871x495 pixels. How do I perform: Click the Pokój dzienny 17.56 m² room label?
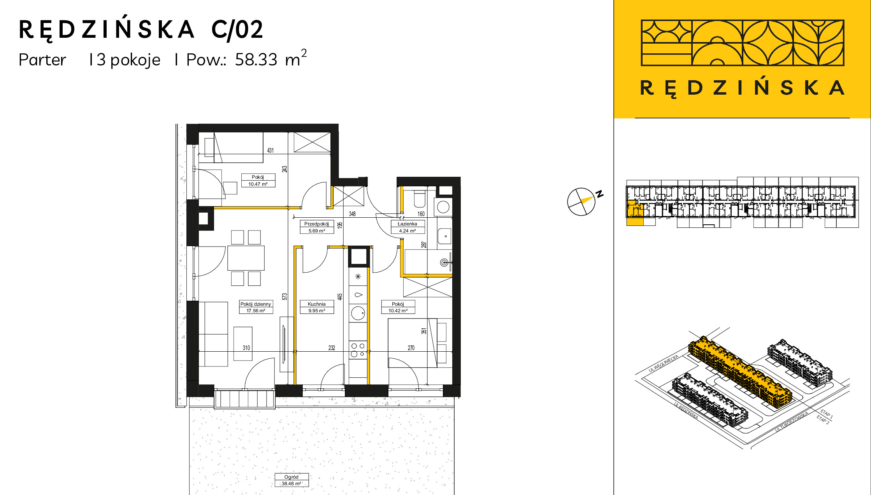point(256,307)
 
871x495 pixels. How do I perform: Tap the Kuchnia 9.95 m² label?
point(317,307)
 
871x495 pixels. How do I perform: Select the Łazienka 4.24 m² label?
point(407,227)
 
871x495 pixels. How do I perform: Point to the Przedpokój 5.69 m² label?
point(317,227)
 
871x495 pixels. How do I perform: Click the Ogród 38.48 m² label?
point(292,480)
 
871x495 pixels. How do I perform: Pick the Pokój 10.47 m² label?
point(258,180)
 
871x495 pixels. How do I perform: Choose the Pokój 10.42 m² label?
point(398,307)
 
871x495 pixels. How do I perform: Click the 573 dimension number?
point(285,296)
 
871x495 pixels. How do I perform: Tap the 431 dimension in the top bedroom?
point(270,150)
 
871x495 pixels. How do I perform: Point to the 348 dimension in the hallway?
point(352,214)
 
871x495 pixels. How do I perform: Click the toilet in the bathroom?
point(420,199)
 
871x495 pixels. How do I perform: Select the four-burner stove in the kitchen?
point(358,350)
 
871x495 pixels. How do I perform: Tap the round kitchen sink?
point(358,313)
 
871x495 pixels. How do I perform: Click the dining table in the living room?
point(246,258)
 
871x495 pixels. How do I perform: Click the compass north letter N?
point(600,194)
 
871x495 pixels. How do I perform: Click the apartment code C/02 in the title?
point(237,30)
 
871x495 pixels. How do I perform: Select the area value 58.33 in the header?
point(256,60)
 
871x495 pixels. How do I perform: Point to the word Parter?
point(42,60)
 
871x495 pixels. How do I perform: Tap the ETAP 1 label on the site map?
point(826,414)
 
